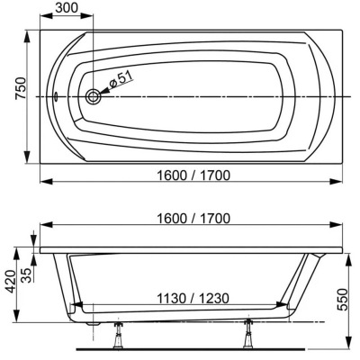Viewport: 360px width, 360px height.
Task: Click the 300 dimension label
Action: point(67,8)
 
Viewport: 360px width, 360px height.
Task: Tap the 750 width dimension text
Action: point(21,88)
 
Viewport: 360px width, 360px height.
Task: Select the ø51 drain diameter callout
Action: point(121,79)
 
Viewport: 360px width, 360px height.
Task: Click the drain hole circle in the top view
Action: point(93,96)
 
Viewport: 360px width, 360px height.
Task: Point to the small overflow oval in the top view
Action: point(56,96)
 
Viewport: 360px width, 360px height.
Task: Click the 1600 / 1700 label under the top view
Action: point(193,175)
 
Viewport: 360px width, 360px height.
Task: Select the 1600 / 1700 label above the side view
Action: point(193,219)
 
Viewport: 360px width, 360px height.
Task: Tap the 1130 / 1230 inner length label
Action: point(193,298)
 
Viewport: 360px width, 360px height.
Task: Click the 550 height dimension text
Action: point(342,300)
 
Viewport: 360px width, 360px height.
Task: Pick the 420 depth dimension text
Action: point(11,282)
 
